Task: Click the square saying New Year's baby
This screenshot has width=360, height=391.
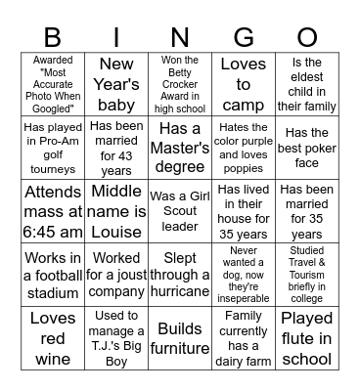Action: point(116,84)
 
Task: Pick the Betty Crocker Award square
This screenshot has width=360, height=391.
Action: point(180,84)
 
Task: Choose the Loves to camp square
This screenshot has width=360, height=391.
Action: point(243,84)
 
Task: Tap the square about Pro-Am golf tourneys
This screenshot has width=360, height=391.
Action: point(53,148)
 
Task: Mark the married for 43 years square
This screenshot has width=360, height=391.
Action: point(116,148)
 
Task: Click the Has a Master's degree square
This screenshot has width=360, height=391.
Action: point(180,148)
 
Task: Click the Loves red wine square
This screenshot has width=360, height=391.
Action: point(53,338)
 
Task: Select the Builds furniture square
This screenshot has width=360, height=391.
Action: point(180,338)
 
